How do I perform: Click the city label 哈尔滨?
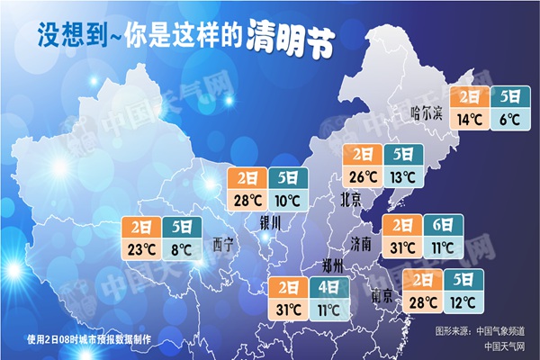tap(427, 112)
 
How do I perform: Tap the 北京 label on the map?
tap(352, 197)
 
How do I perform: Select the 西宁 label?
tap(223, 244)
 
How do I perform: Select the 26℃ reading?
tap(363, 175)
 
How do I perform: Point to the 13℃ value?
tap(400, 175)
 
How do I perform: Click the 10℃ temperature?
tap(288, 199)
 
